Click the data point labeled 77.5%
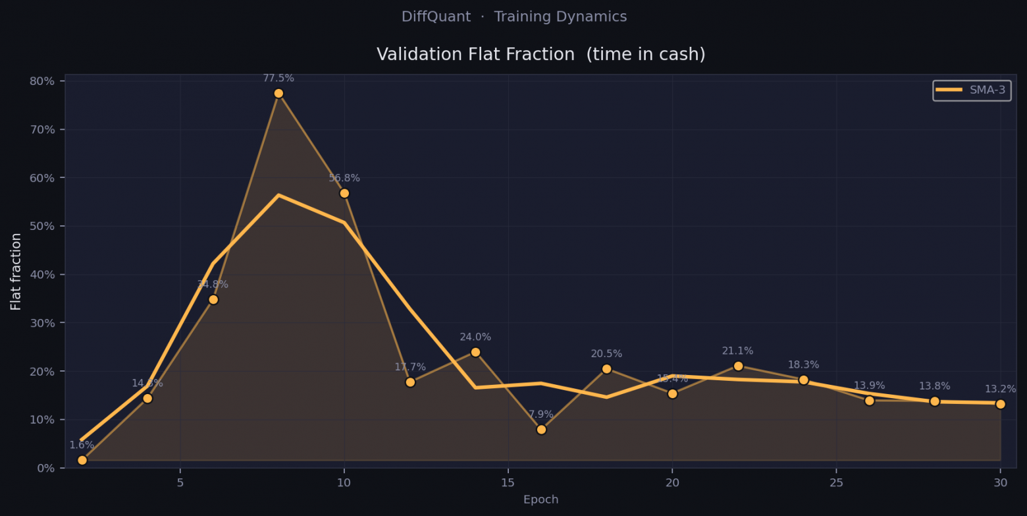(x=278, y=94)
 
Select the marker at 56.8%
(x=344, y=193)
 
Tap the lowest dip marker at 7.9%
(x=541, y=430)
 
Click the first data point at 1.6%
(x=82, y=460)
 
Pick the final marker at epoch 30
(x=1000, y=404)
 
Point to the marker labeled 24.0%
(x=475, y=352)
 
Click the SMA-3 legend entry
(x=972, y=90)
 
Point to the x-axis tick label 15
(x=508, y=482)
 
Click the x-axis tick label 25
(x=836, y=482)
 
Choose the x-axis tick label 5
(x=180, y=482)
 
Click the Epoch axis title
(x=540, y=500)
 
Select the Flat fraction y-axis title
(x=16, y=271)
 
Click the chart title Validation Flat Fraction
(x=540, y=55)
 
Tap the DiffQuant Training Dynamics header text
(x=514, y=17)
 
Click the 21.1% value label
(x=737, y=351)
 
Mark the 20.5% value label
(x=606, y=354)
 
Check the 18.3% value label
(x=803, y=365)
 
